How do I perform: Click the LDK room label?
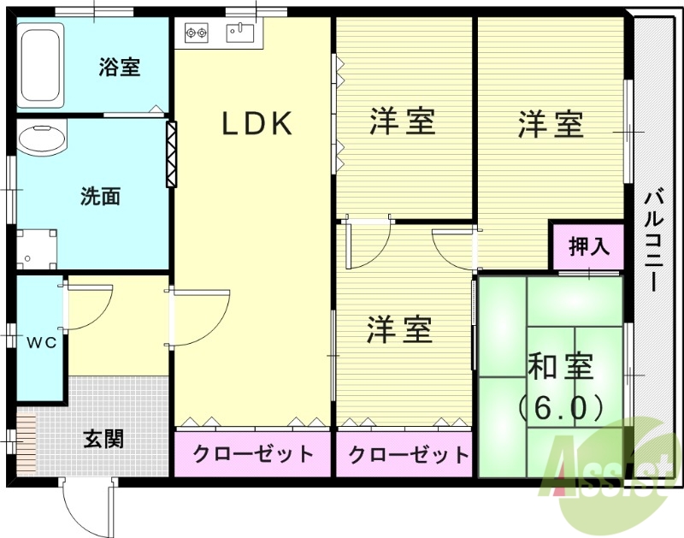[x=257, y=125]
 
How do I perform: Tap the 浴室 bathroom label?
[x=119, y=67]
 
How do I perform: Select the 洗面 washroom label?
[x=100, y=197]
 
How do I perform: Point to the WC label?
[x=40, y=343]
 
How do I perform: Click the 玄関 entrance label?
[x=103, y=439]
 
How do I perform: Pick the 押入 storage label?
[x=589, y=248]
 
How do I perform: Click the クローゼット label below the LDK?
[x=252, y=454]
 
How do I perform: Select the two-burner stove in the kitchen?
[x=196, y=34]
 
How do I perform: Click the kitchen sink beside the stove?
[x=240, y=33]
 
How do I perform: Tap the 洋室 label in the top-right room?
[x=551, y=125]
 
